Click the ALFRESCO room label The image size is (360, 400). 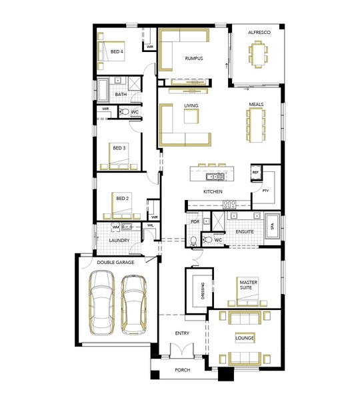[259, 33]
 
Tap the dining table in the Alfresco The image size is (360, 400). [258, 54]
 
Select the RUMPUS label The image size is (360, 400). [194, 59]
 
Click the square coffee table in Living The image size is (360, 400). [191, 116]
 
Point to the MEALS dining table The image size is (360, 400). [256, 125]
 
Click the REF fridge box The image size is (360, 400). [255, 173]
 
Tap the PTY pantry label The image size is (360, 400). [265, 191]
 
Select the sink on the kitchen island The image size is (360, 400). [215, 176]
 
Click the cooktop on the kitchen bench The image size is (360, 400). [229, 205]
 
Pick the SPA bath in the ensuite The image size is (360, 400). [273, 226]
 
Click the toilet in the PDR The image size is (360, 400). [193, 241]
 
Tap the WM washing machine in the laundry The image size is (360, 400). [115, 227]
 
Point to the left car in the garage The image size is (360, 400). [102, 303]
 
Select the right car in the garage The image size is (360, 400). [134, 305]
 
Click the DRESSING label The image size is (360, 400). [203, 291]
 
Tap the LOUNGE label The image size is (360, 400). [245, 338]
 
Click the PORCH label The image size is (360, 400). [183, 370]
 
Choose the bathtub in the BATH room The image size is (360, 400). [103, 90]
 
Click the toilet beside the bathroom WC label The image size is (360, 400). [125, 112]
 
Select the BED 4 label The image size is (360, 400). [117, 51]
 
